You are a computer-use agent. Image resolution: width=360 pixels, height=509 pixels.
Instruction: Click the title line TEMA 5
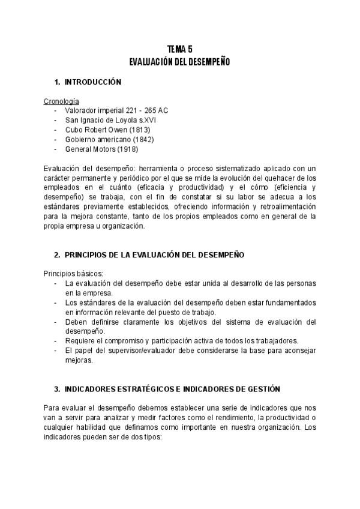(x=180, y=50)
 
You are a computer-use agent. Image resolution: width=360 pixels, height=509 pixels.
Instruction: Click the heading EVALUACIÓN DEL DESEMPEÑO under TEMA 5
(x=180, y=62)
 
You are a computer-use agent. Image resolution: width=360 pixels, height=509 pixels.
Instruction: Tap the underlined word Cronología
(x=62, y=101)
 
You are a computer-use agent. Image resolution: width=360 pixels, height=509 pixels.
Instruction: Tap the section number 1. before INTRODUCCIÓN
(x=57, y=82)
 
